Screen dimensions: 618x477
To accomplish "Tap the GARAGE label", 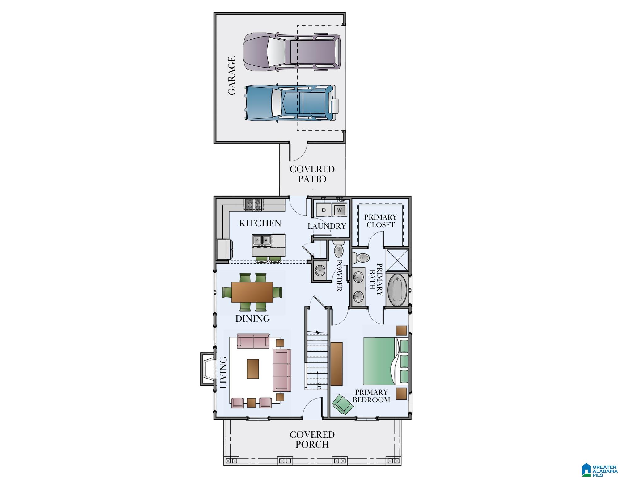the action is point(232,75).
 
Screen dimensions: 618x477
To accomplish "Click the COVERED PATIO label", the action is point(312,174).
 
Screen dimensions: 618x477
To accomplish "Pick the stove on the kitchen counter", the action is point(254,205).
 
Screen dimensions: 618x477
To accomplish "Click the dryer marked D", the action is point(324,210).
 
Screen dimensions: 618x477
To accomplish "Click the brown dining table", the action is point(252,292).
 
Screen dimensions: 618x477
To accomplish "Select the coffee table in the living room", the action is point(253,368).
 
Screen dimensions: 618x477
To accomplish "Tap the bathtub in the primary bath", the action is point(397,290).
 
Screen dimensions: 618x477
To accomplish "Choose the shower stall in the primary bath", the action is point(397,260).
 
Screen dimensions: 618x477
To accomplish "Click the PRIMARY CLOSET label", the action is point(380,221).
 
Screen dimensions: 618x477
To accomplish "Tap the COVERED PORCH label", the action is point(312,439).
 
